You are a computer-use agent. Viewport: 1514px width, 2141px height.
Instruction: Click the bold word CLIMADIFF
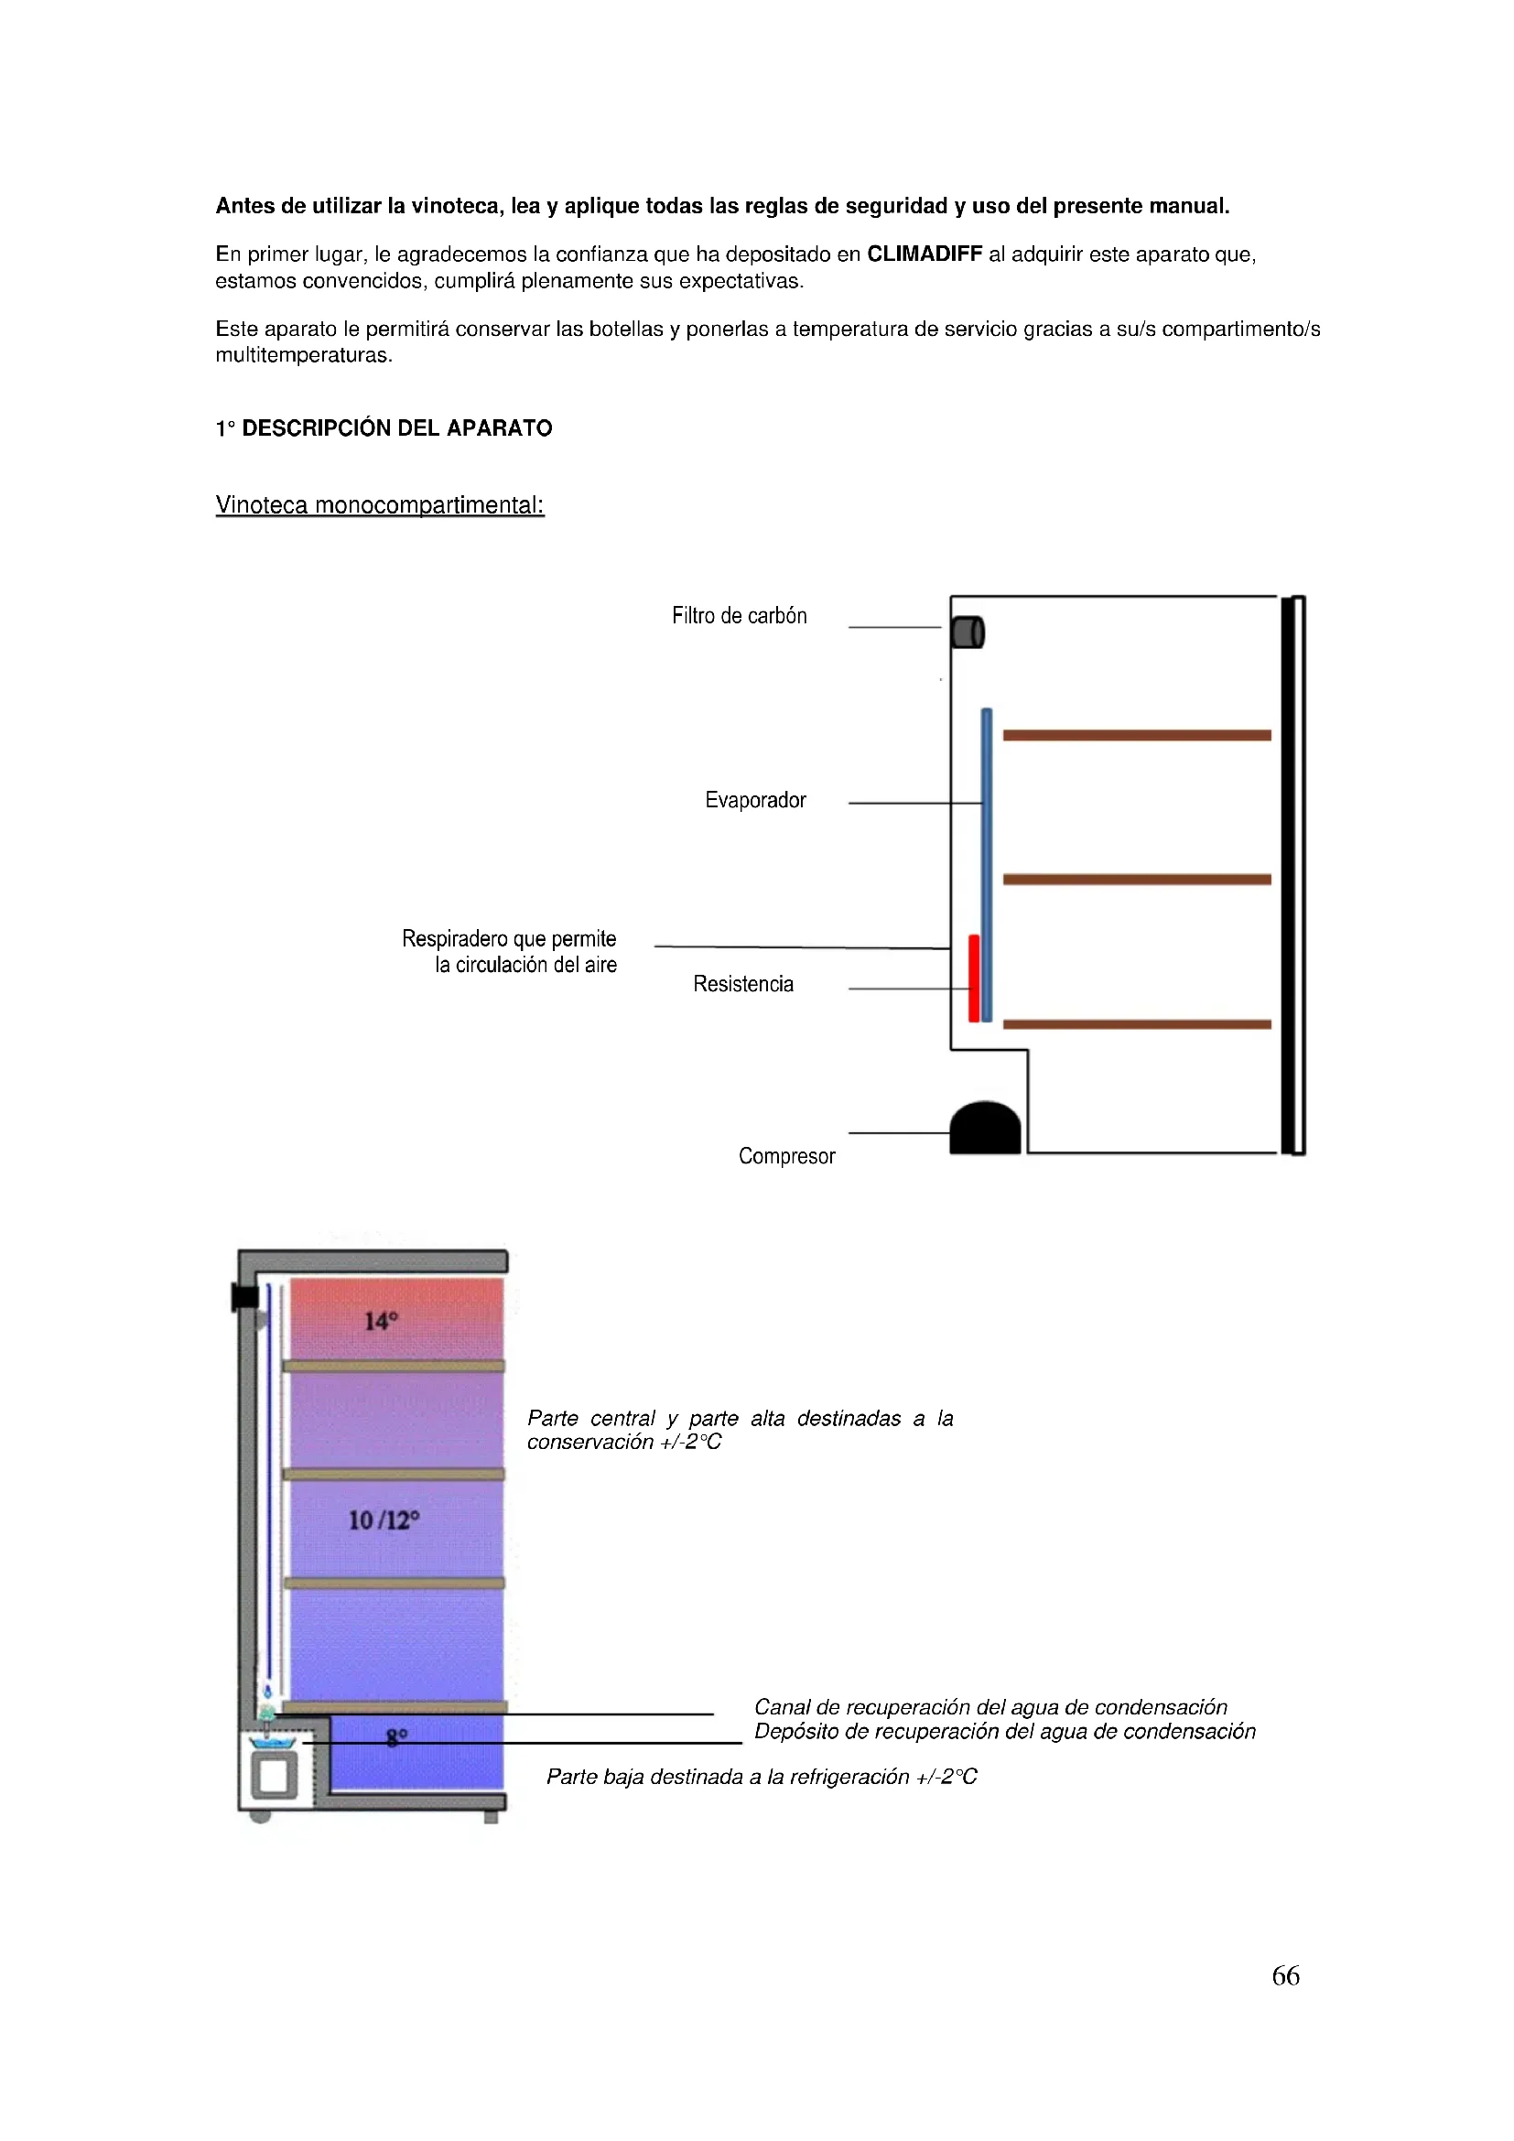click(924, 254)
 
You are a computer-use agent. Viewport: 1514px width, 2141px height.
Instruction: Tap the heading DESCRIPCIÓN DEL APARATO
click(396, 428)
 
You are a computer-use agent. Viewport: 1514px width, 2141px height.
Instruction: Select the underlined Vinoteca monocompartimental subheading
click(380, 504)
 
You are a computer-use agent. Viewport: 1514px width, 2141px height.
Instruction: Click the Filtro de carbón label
click(740, 615)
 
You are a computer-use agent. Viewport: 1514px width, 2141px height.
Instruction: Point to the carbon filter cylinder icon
click(968, 632)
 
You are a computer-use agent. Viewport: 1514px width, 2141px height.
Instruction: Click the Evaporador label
click(755, 800)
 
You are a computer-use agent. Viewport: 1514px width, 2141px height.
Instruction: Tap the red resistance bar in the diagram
click(973, 979)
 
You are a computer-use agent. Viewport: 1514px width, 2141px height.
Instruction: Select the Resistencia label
click(743, 984)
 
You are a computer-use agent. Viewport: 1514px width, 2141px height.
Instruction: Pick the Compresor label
click(787, 1156)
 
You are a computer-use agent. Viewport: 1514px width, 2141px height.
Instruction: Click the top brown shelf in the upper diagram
click(1137, 735)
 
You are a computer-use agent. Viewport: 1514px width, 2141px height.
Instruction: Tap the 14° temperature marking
click(381, 1321)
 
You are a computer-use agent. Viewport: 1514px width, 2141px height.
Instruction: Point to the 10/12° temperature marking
click(384, 1520)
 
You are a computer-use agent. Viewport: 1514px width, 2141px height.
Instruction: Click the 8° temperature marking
click(397, 1737)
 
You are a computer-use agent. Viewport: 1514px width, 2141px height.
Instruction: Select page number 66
click(1285, 1975)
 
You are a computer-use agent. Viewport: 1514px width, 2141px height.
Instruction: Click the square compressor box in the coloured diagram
click(274, 1776)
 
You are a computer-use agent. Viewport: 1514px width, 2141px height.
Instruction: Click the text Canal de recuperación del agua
click(990, 1706)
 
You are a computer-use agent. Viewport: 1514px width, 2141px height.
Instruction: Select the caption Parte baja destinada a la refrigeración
click(761, 1777)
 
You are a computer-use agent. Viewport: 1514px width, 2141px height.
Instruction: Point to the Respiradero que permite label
click(509, 938)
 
